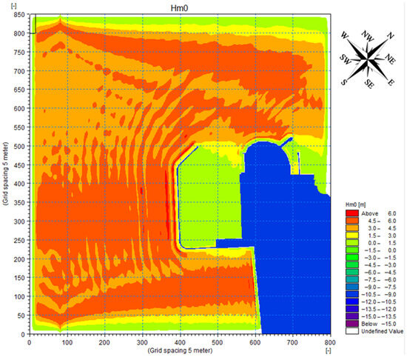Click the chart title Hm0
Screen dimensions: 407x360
pyautogui.click(x=179, y=8)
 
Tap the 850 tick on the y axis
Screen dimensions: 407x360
pyautogui.click(x=19, y=15)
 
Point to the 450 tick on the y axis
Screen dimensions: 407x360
pyautogui.click(x=19, y=165)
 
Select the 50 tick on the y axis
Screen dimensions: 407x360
pyautogui.click(x=21, y=316)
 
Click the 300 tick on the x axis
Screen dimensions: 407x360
pyautogui.click(x=142, y=343)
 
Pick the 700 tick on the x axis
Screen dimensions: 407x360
pyautogui.click(x=292, y=343)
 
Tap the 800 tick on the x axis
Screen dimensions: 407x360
pyautogui.click(x=330, y=343)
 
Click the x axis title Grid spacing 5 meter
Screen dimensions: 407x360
pyautogui.click(x=180, y=350)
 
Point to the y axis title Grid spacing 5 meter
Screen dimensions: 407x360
pyautogui.click(x=6, y=174)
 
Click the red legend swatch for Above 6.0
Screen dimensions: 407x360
pyautogui.click(x=352, y=213)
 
